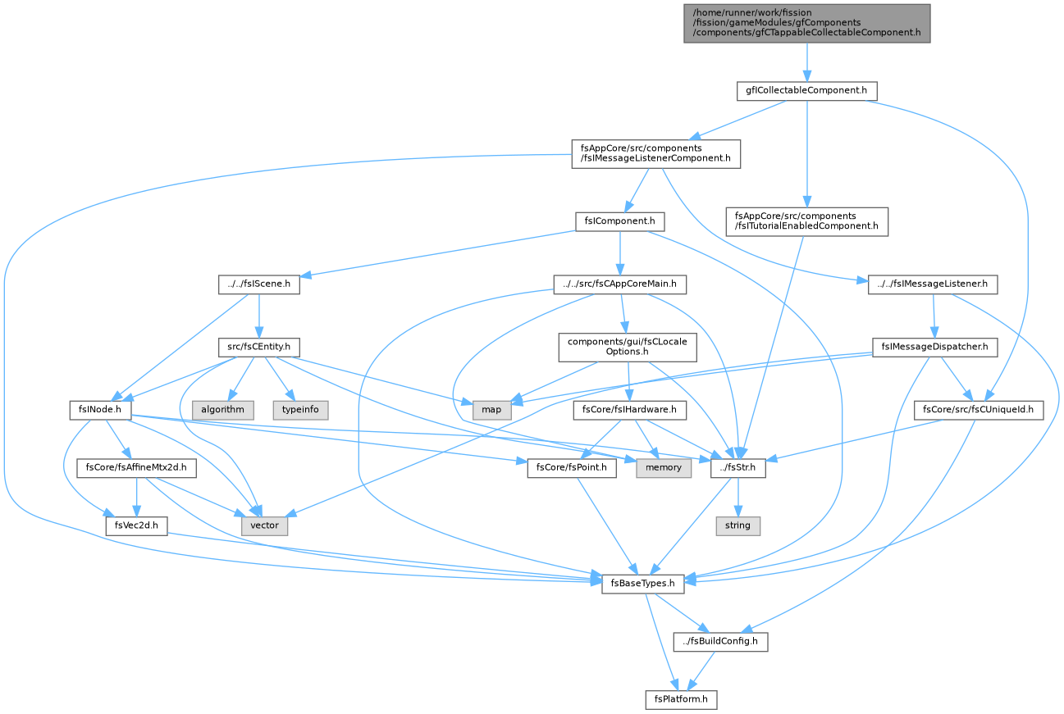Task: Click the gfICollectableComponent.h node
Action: pos(806,91)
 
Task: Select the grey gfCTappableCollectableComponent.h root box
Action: pos(806,23)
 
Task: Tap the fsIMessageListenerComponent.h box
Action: pos(655,154)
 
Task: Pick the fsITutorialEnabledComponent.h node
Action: pos(806,221)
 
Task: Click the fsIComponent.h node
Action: pos(619,221)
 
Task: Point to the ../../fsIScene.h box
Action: pos(259,284)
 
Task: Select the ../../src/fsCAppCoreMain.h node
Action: pos(619,284)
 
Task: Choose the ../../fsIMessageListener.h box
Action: pos(933,284)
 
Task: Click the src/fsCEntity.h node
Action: pos(259,347)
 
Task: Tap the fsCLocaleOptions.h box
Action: pos(628,347)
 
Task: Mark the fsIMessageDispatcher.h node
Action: pos(935,347)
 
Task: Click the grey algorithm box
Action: pos(223,410)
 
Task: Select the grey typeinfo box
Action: pos(300,410)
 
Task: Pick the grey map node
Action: pos(491,410)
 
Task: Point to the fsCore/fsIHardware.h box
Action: pos(629,410)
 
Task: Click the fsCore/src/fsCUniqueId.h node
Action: pos(979,410)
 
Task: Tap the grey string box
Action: pos(737,526)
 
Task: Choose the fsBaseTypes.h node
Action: pos(642,584)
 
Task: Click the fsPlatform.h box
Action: pos(681,700)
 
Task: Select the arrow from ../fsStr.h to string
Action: pos(737,497)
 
